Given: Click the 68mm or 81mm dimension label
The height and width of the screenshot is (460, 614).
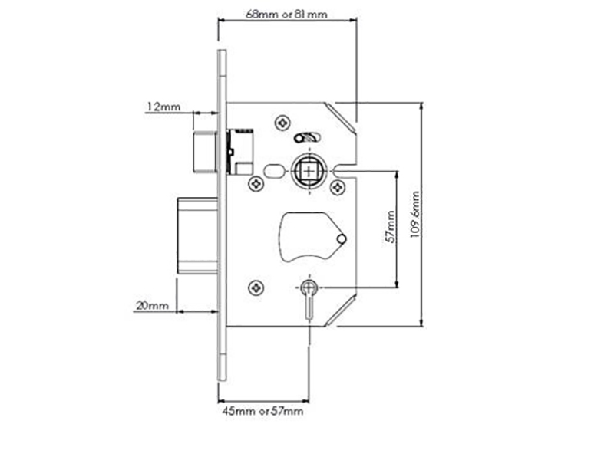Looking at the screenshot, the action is click(286, 15).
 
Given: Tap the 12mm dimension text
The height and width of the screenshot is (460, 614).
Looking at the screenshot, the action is click(163, 107).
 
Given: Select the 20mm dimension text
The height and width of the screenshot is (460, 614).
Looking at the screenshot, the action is click(152, 305).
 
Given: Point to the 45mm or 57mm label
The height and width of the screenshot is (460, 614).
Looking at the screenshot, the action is click(262, 411).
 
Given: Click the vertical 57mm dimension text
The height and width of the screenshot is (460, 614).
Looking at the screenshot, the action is click(391, 227).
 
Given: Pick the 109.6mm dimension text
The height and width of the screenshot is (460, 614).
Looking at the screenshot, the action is click(415, 215).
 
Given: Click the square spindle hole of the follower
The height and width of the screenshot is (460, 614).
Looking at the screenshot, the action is click(309, 171).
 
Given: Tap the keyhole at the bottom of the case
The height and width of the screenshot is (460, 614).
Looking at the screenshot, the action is click(309, 299).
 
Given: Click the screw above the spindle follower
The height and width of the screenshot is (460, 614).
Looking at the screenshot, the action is click(282, 123).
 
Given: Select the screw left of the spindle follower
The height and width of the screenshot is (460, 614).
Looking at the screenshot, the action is click(256, 183).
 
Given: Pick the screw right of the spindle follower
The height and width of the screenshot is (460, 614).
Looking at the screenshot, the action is click(338, 187).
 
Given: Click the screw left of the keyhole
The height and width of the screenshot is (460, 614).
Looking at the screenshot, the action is click(256, 288).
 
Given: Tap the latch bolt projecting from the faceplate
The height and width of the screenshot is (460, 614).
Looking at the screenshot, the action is click(205, 152).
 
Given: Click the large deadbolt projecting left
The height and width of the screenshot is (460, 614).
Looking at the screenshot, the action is click(197, 236).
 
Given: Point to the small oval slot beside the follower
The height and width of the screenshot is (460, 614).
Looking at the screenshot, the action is click(274, 171).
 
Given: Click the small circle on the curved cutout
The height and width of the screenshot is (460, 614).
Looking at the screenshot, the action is click(341, 238).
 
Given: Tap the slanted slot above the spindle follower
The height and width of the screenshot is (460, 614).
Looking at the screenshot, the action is click(308, 138).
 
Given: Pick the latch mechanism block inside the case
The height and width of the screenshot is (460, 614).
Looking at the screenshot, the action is click(240, 151).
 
